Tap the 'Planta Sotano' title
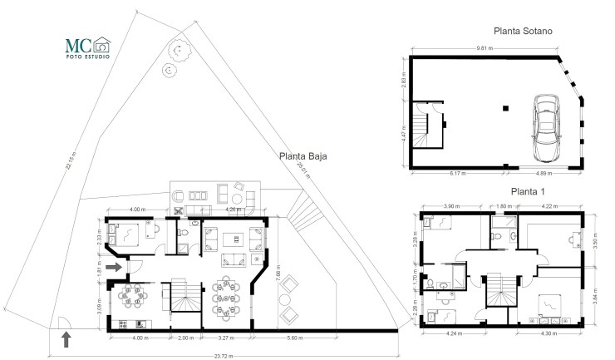pyautogui.click(x=523, y=31)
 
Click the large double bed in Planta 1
pyautogui.click(x=549, y=308)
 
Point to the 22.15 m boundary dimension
pyautogui.click(x=70, y=160)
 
